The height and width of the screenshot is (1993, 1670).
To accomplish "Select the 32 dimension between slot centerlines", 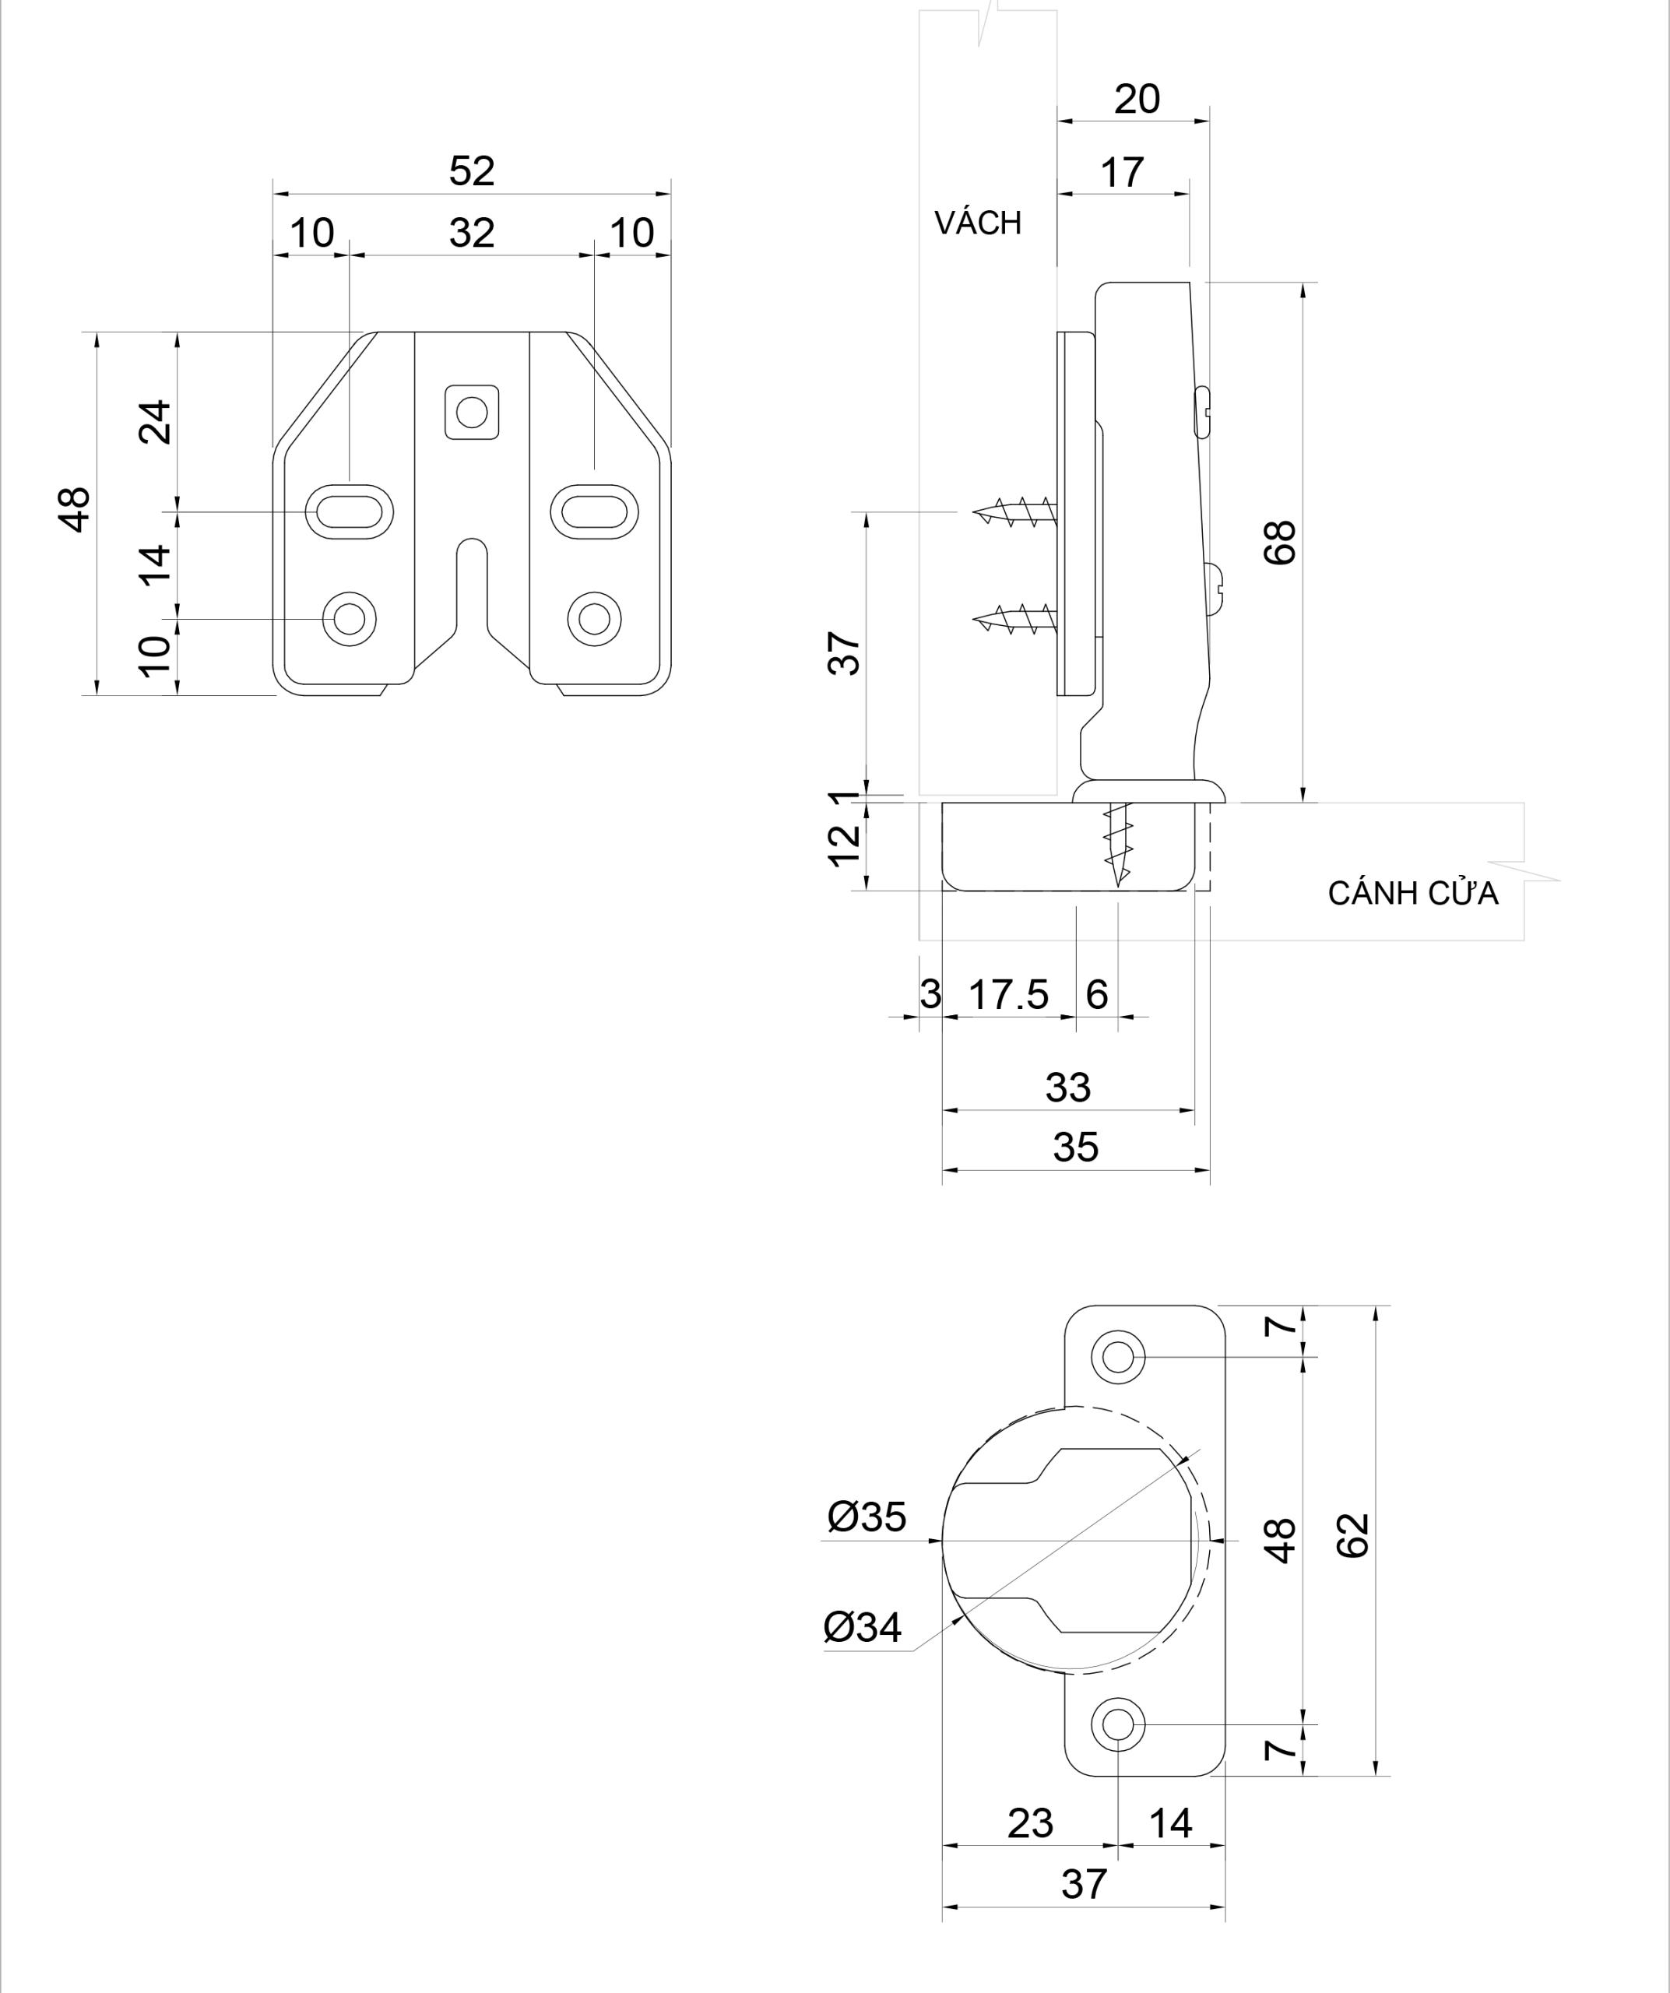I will coord(472,234).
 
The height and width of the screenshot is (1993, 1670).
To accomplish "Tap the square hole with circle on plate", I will coord(472,412).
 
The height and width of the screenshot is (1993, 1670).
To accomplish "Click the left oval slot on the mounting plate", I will coord(350,512).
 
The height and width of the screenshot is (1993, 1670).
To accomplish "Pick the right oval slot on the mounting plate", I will coord(594,512).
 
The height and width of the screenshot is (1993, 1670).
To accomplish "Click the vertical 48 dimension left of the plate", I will coord(76,510).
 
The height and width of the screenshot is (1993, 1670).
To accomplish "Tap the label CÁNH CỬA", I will coord(1412,894).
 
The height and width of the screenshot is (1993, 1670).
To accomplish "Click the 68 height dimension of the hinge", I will coord(1281,543).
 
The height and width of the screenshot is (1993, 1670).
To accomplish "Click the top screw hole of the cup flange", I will coord(1119,1358).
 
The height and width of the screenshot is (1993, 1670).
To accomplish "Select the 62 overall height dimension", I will coord(1355,1535).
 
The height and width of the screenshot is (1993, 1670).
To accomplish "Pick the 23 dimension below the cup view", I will coord(1029,1823).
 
